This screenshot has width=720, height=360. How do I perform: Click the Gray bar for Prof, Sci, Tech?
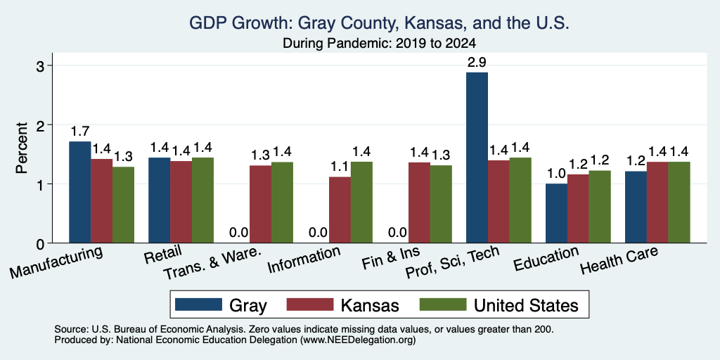click(x=477, y=157)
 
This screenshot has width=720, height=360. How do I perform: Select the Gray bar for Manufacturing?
click(x=80, y=192)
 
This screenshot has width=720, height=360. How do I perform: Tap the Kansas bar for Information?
click(x=340, y=210)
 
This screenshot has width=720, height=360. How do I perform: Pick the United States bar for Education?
click(x=600, y=207)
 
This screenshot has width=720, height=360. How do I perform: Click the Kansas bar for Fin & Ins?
click(x=419, y=202)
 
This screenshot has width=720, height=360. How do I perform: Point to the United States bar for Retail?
click(x=202, y=200)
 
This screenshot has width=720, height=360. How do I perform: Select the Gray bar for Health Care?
click(x=636, y=207)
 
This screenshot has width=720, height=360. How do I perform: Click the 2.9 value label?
click(x=477, y=63)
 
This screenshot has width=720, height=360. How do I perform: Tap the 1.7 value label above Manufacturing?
click(x=80, y=131)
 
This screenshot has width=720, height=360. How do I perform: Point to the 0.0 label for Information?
click(x=319, y=232)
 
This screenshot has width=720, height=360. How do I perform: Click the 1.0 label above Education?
click(x=556, y=174)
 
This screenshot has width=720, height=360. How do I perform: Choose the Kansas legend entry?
click(x=342, y=305)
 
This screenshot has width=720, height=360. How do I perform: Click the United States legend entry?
click(x=499, y=305)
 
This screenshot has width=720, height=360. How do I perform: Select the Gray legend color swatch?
click(x=198, y=304)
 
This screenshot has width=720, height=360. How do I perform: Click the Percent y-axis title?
click(x=22, y=148)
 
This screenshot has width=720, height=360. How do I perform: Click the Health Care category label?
click(x=619, y=260)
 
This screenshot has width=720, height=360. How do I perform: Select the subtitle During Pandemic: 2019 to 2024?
click(x=379, y=44)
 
